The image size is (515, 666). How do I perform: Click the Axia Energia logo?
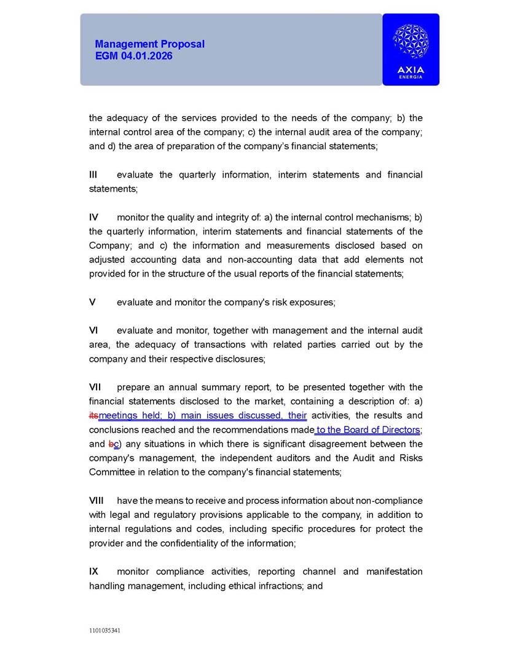(x=411, y=49)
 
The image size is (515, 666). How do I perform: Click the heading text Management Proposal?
(x=149, y=44)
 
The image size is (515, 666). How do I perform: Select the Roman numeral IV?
(x=94, y=217)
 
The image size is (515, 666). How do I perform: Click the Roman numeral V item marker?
(x=92, y=302)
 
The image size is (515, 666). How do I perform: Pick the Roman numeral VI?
(x=93, y=331)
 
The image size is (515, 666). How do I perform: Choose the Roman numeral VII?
(x=95, y=387)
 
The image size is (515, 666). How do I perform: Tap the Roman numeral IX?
(x=93, y=571)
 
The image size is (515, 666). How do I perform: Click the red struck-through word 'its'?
(x=93, y=416)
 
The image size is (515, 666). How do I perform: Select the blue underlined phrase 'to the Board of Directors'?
(x=368, y=430)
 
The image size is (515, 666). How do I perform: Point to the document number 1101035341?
(x=104, y=630)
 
